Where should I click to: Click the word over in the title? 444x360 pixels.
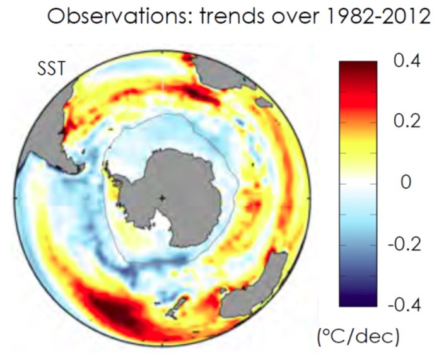289,17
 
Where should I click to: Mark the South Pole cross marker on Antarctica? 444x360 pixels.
163,198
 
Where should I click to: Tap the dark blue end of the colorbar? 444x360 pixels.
358,300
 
